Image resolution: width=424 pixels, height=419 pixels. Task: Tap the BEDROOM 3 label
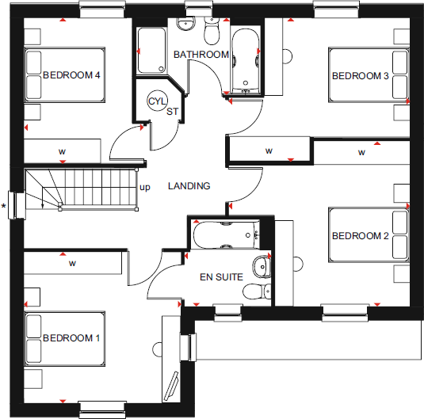(x=360, y=76)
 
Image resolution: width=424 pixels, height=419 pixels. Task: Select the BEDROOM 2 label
(x=360, y=236)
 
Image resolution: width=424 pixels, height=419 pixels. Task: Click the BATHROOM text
(x=201, y=55)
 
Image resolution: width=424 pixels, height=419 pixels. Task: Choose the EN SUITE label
(x=220, y=277)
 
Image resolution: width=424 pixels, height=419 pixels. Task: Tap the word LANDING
(x=189, y=186)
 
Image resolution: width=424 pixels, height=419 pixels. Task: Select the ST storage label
(x=172, y=111)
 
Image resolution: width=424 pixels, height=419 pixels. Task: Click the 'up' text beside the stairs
(x=145, y=188)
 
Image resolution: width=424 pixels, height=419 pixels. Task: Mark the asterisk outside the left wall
(x=4, y=208)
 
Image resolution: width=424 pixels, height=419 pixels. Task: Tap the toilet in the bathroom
(x=211, y=32)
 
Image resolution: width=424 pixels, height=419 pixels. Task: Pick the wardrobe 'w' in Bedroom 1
(x=71, y=262)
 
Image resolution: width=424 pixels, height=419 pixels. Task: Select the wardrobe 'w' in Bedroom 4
(x=61, y=150)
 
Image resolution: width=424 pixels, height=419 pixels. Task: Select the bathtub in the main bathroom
(x=245, y=61)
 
